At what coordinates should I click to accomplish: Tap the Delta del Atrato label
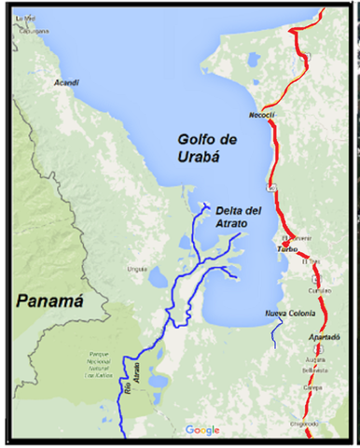pyautogui.click(x=238, y=217)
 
